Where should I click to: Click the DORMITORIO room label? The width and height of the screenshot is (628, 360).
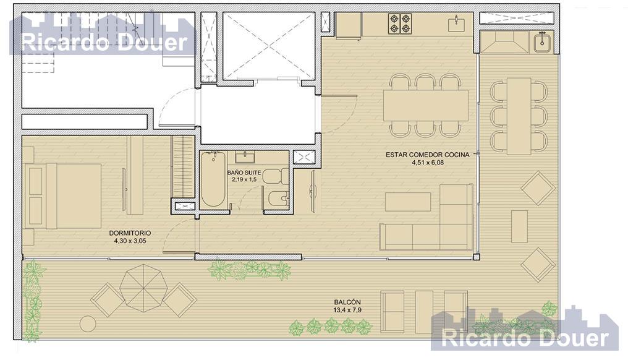click(x=130, y=233)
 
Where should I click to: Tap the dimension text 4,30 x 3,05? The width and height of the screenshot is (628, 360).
click(x=130, y=241)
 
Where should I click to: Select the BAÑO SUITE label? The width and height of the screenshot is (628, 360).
click(x=244, y=173)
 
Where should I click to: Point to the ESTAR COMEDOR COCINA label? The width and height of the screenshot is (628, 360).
click(x=428, y=155)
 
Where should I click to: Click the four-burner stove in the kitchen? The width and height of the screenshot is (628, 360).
click(x=400, y=24)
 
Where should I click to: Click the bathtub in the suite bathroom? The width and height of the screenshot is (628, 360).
click(x=213, y=179)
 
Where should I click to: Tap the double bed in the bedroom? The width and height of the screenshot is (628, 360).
click(x=63, y=195)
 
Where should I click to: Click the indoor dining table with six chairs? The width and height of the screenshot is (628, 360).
click(x=426, y=105)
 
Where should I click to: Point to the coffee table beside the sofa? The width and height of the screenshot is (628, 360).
click(x=408, y=202)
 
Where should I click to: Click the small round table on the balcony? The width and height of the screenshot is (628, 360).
click(x=88, y=324)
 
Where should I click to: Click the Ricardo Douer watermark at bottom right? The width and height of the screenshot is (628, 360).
click(x=525, y=338)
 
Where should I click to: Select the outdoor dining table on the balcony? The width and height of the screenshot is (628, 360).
click(x=519, y=116)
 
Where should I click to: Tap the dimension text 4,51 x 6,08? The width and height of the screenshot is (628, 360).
click(x=428, y=163)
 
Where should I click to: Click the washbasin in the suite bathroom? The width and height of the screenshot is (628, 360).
click(x=245, y=157)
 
